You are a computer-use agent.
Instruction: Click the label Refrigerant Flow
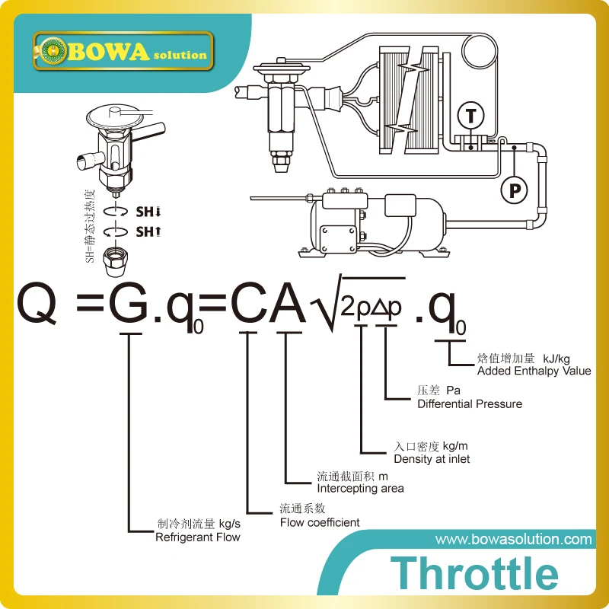[x=197, y=537]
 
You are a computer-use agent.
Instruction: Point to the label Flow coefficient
[x=320, y=521]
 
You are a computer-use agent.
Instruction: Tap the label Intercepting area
[x=360, y=488]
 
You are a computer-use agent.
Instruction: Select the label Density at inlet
[x=432, y=459]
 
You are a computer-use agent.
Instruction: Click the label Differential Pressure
[x=470, y=403]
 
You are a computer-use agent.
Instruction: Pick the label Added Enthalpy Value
[x=534, y=371]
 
